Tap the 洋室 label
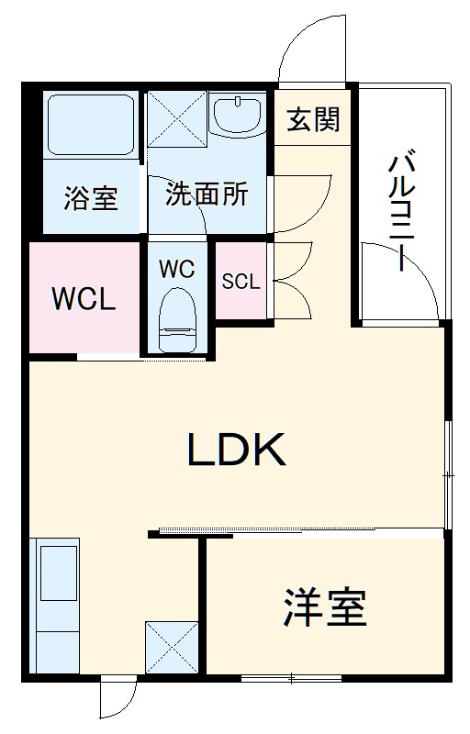325,606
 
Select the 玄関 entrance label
314,119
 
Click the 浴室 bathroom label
92,197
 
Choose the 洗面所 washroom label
207,194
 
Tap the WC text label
176,269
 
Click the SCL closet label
241,282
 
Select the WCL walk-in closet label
84,299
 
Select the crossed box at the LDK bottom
172,648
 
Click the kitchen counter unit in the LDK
57,606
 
